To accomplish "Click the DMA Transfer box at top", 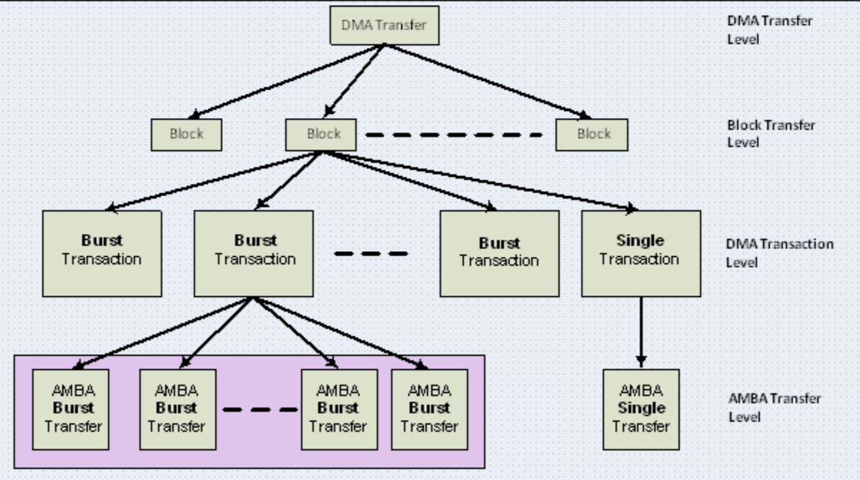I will pyautogui.click(x=384, y=26).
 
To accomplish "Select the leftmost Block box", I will pyautogui.click(x=187, y=134).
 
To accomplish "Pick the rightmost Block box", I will pyautogui.click(x=592, y=134).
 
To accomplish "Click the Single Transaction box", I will pyautogui.click(x=640, y=253).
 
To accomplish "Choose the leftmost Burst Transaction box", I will pyautogui.click(x=102, y=253).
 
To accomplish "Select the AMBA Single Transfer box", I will pyautogui.click(x=641, y=409).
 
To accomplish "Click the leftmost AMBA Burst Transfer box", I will pyautogui.click(x=70, y=409).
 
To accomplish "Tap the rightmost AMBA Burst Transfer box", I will pyautogui.click(x=429, y=409).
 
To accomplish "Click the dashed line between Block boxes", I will pyautogui.click(x=455, y=134).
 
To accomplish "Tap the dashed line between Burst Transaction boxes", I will pyautogui.click(x=371, y=253).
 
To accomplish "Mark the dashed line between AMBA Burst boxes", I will pyautogui.click(x=259, y=410).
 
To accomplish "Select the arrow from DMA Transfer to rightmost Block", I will pyautogui.click(x=486, y=80).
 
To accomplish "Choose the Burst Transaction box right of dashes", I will pyautogui.click(x=499, y=253).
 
